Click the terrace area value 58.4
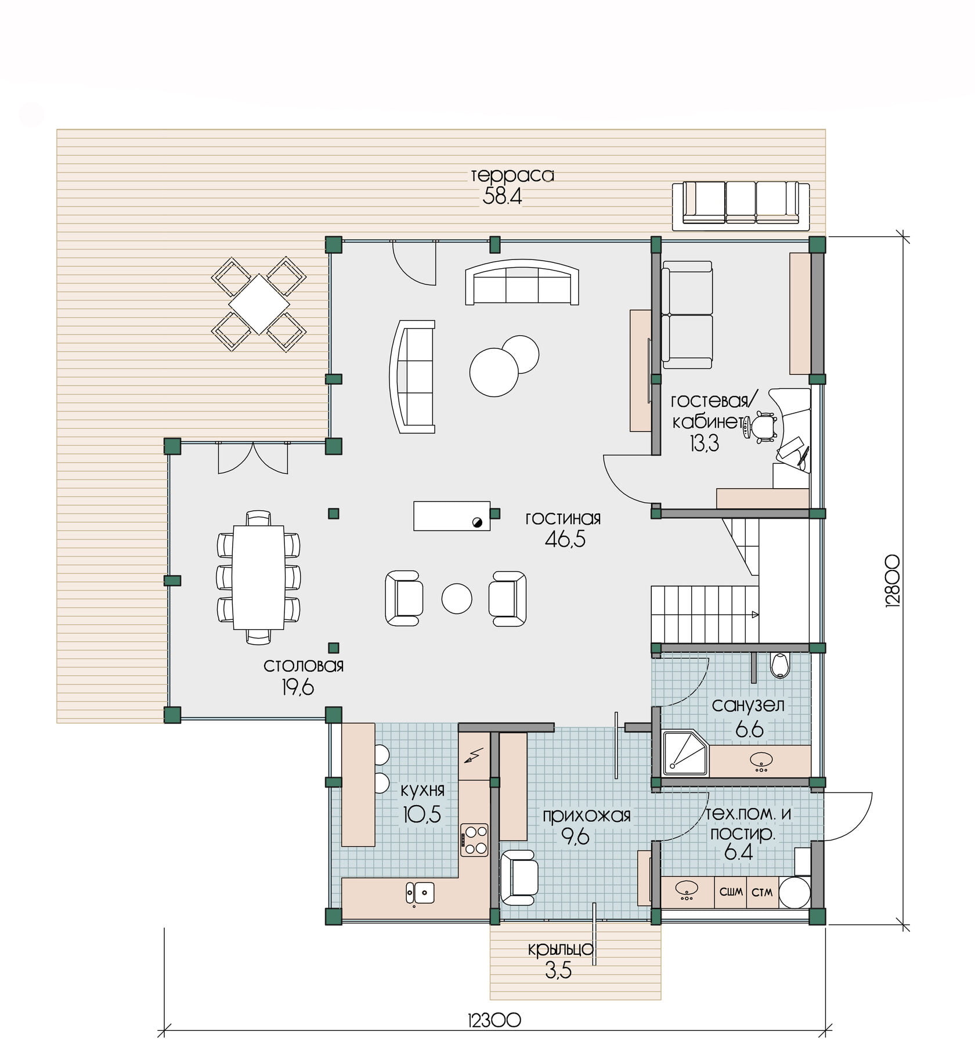pos(503,197)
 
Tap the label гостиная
pos(563,518)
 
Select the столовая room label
pos(304,665)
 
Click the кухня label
pos(423,789)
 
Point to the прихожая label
pos(586,816)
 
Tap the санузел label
pos(748,705)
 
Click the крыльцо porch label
pos(561,949)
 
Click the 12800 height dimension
pos(893,581)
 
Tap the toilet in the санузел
pos(780,666)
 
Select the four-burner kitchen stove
pos(475,840)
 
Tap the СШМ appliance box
pos(731,892)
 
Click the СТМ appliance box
pos(762,892)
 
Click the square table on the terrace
pos(259,304)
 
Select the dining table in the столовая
pos(259,578)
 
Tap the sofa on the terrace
pos(741,203)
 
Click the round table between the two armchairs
pos(457,598)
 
